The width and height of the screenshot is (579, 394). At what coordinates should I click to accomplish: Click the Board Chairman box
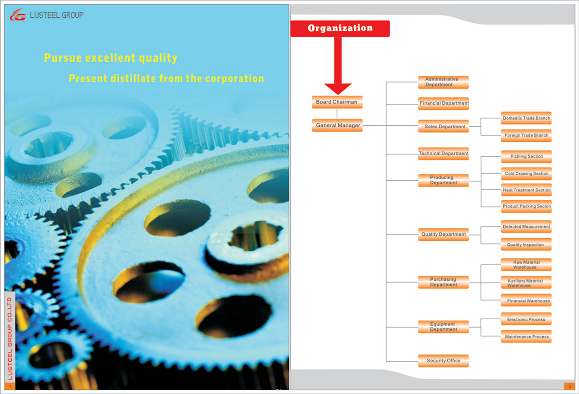click(x=337, y=102)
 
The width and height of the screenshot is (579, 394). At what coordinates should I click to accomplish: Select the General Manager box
click(x=337, y=125)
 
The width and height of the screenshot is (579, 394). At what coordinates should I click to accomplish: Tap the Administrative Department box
click(x=443, y=82)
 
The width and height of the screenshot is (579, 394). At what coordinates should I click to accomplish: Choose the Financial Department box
click(x=443, y=103)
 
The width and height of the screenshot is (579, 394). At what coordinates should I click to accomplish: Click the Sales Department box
click(x=443, y=126)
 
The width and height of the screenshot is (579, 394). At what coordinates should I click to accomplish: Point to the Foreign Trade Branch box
click(x=526, y=136)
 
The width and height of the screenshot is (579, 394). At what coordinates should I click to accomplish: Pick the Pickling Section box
click(x=526, y=157)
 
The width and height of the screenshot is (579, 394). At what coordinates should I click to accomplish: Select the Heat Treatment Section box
click(x=526, y=190)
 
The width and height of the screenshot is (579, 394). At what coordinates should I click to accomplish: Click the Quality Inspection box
click(x=526, y=245)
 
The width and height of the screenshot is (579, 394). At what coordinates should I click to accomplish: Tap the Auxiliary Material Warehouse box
click(x=526, y=283)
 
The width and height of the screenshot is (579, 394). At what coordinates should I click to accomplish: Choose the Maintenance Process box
click(x=526, y=337)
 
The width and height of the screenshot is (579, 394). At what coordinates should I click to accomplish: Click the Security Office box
click(x=443, y=361)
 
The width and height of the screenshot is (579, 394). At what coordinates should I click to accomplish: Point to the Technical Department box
click(x=443, y=154)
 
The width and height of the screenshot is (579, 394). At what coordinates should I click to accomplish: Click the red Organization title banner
click(x=340, y=28)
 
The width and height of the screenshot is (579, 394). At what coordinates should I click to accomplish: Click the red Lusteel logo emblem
click(x=18, y=14)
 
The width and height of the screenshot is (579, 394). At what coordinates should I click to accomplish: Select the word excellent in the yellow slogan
click(x=110, y=57)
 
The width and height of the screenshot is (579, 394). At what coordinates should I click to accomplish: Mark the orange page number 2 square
click(x=570, y=386)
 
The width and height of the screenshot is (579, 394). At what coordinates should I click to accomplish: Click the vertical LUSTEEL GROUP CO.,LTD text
click(x=10, y=339)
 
